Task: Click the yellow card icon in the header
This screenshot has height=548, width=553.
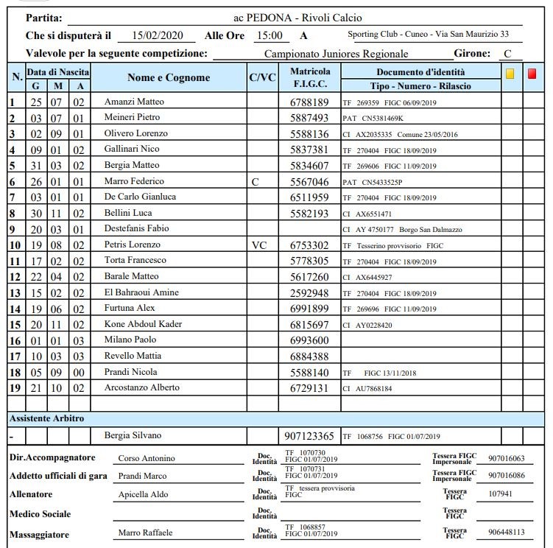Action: coord(510,74)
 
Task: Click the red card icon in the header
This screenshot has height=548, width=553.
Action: coord(532,74)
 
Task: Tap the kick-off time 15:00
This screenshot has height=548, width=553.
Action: coord(269,35)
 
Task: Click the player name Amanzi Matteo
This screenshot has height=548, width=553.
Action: coord(134,102)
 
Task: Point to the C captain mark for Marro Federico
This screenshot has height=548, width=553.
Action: coord(255,181)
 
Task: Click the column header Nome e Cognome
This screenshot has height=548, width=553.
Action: coord(169,78)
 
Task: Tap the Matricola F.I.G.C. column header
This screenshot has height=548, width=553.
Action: coord(311,78)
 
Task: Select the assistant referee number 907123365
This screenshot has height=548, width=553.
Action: coord(310,436)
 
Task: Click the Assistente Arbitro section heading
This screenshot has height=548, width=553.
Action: coord(46,418)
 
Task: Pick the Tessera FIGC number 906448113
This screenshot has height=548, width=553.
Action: coord(506,532)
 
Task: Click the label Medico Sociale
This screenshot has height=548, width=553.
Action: coord(40,513)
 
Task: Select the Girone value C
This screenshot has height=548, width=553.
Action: coord(507,54)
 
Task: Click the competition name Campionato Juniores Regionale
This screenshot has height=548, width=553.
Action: coord(336,54)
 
